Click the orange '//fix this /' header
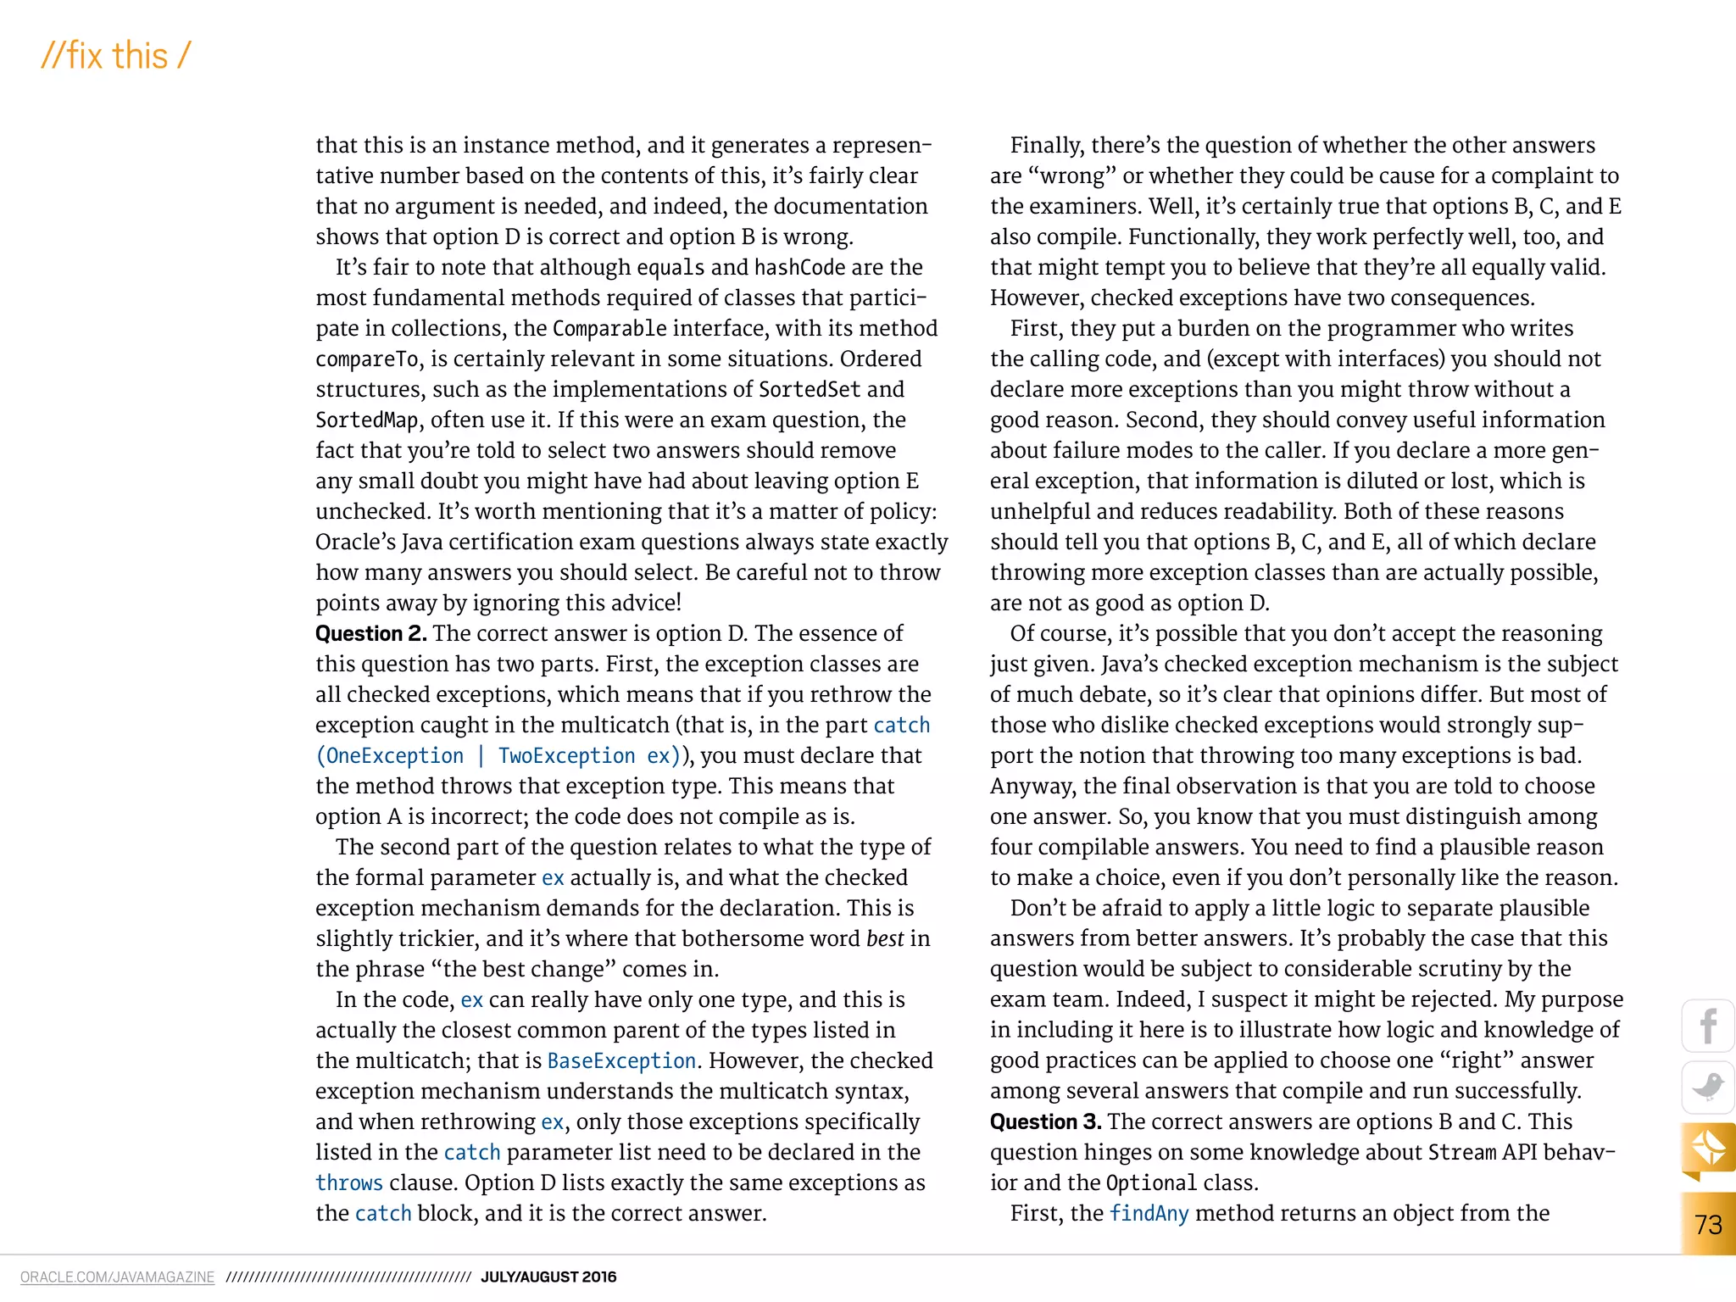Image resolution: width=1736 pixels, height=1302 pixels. (x=116, y=56)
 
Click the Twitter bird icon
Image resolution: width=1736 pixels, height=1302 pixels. (x=1708, y=1087)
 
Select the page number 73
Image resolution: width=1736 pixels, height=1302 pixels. (x=1708, y=1224)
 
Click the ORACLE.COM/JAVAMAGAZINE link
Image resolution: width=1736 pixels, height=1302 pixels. (x=117, y=1277)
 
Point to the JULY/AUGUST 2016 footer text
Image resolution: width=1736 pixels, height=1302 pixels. (x=548, y=1277)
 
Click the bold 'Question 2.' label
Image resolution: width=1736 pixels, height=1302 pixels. (x=370, y=633)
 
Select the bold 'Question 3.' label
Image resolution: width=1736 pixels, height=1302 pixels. (x=1045, y=1121)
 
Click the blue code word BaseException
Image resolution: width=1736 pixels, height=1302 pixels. (x=621, y=1060)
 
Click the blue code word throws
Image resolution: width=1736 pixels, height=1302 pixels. (x=349, y=1182)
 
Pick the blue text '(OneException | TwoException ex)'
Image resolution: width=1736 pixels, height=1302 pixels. (x=498, y=755)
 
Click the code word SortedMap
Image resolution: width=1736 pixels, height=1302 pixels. (x=367, y=420)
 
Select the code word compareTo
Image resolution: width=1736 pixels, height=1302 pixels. (x=367, y=359)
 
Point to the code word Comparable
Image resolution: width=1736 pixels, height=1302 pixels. (x=609, y=328)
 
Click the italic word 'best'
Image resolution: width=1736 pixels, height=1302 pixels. (x=885, y=938)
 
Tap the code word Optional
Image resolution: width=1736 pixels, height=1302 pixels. (x=1151, y=1182)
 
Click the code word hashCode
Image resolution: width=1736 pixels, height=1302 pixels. (x=799, y=267)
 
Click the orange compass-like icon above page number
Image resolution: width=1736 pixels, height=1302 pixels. (x=1708, y=1149)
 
